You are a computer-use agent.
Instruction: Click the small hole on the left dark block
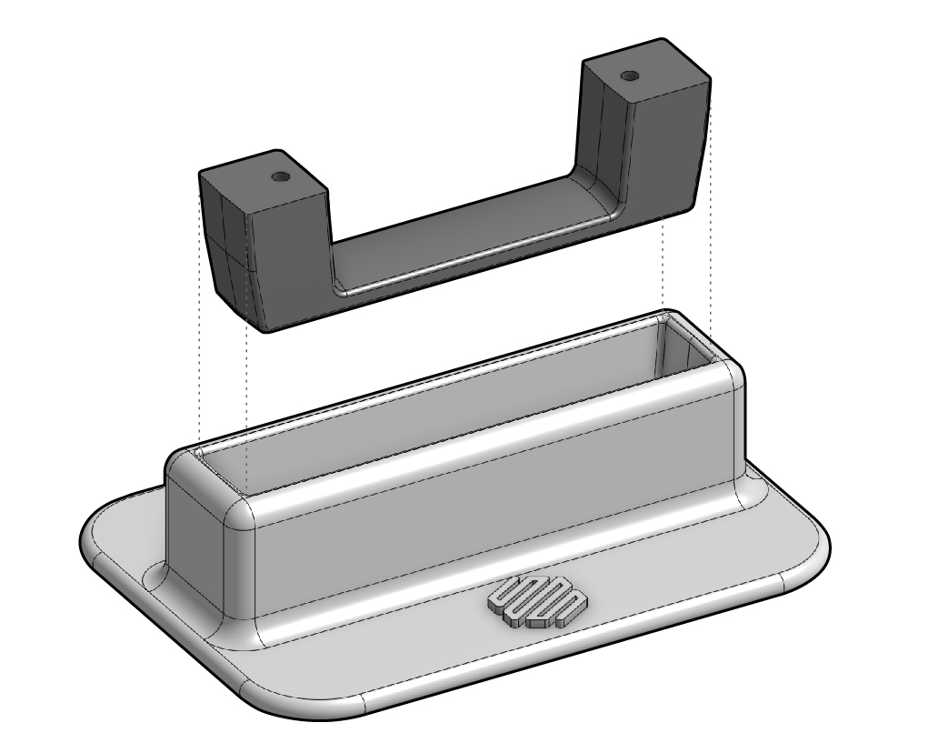[281, 175]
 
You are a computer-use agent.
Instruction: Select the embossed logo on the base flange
[537, 601]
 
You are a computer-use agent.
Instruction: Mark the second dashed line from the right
[664, 264]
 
